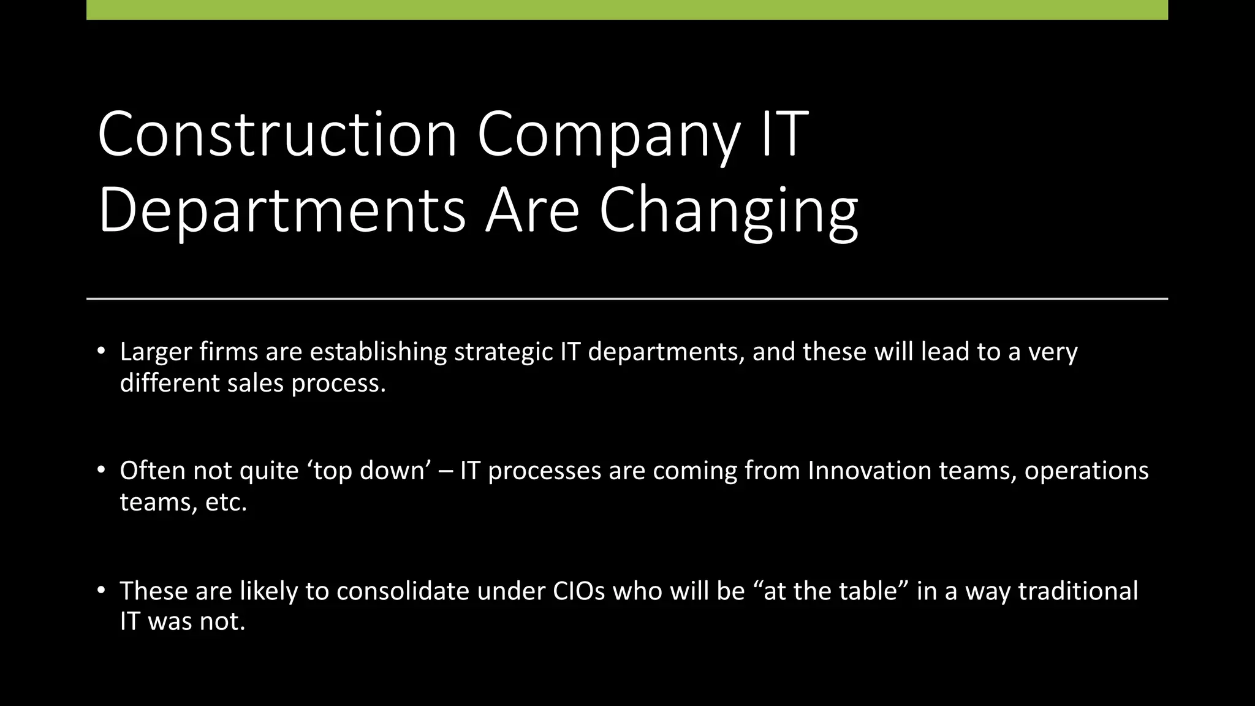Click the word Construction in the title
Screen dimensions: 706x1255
(277, 134)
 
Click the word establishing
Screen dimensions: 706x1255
(378, 352)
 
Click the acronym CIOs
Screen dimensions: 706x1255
(578, 591)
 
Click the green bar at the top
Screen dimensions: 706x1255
(627, 10)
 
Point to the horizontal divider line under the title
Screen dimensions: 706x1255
(627, 298)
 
